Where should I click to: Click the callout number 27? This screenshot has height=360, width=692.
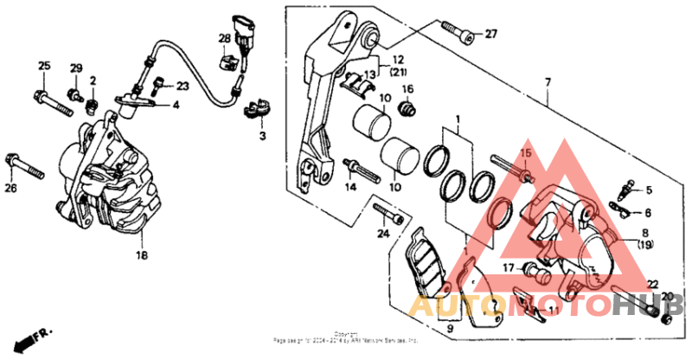click(x=491, y=35)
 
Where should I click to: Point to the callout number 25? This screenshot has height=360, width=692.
click(x=44, y=67)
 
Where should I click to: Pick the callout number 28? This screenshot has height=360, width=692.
click(x=224, y=38)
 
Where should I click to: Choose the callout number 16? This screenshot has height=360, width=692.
click(x=408, y=89)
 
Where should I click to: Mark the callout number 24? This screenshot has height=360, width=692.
click(x=383, y=233)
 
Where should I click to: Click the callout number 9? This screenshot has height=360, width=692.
click(x=449, y=329)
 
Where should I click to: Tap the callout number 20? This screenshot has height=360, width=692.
click(x=668, y=297)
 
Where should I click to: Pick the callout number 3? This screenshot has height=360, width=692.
click(x=262, y=136)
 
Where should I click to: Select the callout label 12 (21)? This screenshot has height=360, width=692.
click(x=397, y=65)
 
